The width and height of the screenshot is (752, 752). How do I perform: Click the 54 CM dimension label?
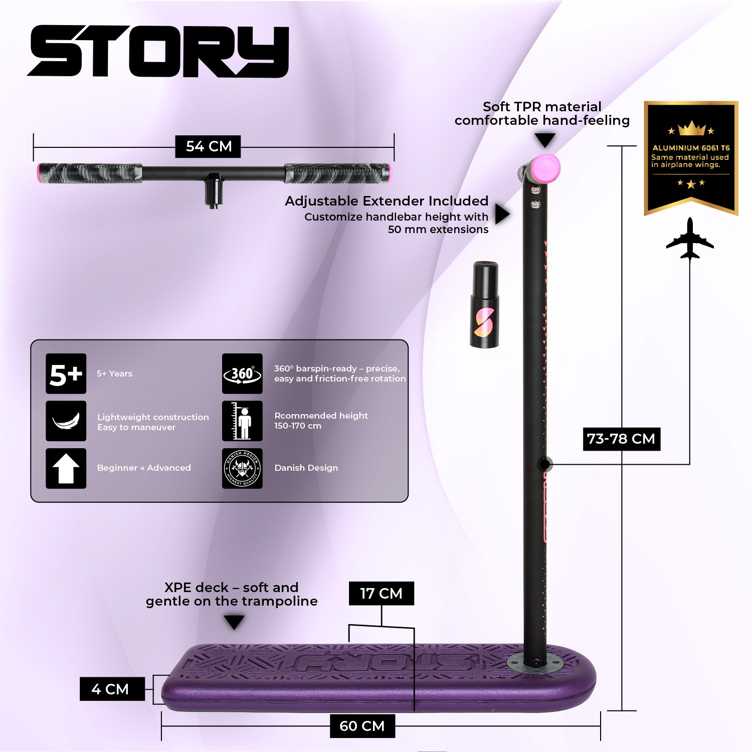(209, 146)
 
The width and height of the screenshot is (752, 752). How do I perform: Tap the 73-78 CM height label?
(621, 439)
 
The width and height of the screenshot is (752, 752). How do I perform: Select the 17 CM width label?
(381, 593)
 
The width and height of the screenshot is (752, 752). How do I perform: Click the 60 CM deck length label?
(362, 726)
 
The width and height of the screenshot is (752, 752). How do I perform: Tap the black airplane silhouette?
(690, 238)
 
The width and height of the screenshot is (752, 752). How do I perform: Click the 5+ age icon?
(66, 373)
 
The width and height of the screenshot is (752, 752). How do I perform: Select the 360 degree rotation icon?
(242, 373)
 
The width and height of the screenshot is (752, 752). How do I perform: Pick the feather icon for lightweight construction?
(66, 421)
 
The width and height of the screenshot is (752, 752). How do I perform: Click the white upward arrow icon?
(66, 468)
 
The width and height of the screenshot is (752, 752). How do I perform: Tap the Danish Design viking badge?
(242, 468)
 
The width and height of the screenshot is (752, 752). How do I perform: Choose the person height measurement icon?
(242, 421)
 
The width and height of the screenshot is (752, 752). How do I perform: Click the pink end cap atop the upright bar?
(545, 168)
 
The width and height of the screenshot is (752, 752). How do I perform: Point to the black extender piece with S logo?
(484, 304)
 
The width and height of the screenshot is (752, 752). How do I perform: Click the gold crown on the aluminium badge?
(691, 128)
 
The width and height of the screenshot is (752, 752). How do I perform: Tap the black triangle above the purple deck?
(234, 622)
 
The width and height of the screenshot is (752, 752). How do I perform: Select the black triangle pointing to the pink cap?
(544, 140)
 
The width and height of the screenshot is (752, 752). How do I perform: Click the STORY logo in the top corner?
(158, 51)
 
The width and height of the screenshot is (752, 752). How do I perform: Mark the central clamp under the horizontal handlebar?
(213, 190)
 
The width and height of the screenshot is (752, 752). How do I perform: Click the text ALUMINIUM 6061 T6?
(691, 148)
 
